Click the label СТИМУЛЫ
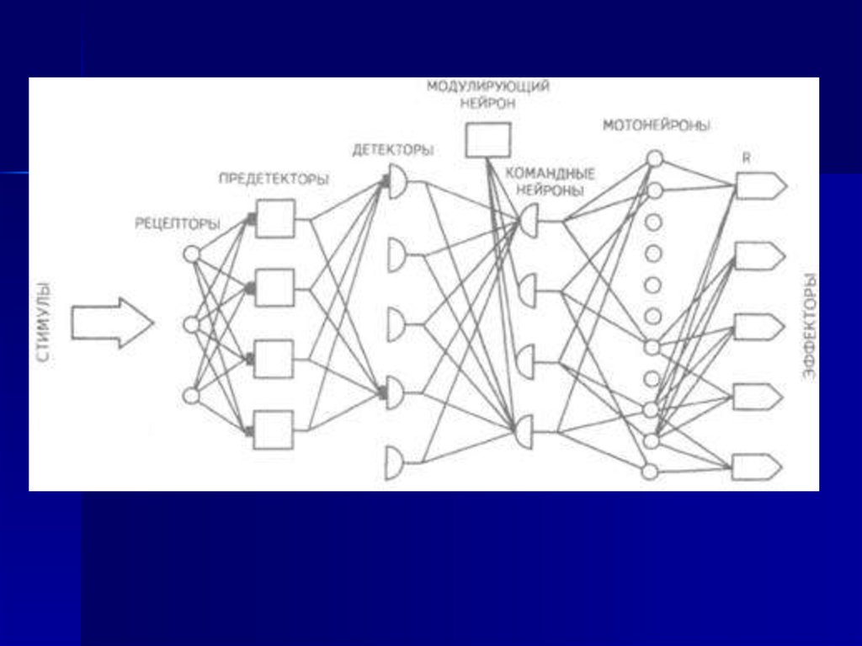coord(44,323)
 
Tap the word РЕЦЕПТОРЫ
coord(178,223)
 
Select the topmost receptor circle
coord(192,254)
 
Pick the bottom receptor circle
coord(192,395)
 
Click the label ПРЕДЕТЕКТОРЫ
coord(274,179)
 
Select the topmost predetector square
coord(275,218)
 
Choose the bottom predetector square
coord(274,430)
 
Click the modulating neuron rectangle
coord(488,140)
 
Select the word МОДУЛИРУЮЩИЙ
coord(487,87)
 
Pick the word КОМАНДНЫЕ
coord(550,174)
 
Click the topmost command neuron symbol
coord(529,221)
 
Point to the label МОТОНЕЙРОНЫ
coord(657,125)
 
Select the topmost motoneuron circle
coord(655,157)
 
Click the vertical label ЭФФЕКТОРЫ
coord(809,326)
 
